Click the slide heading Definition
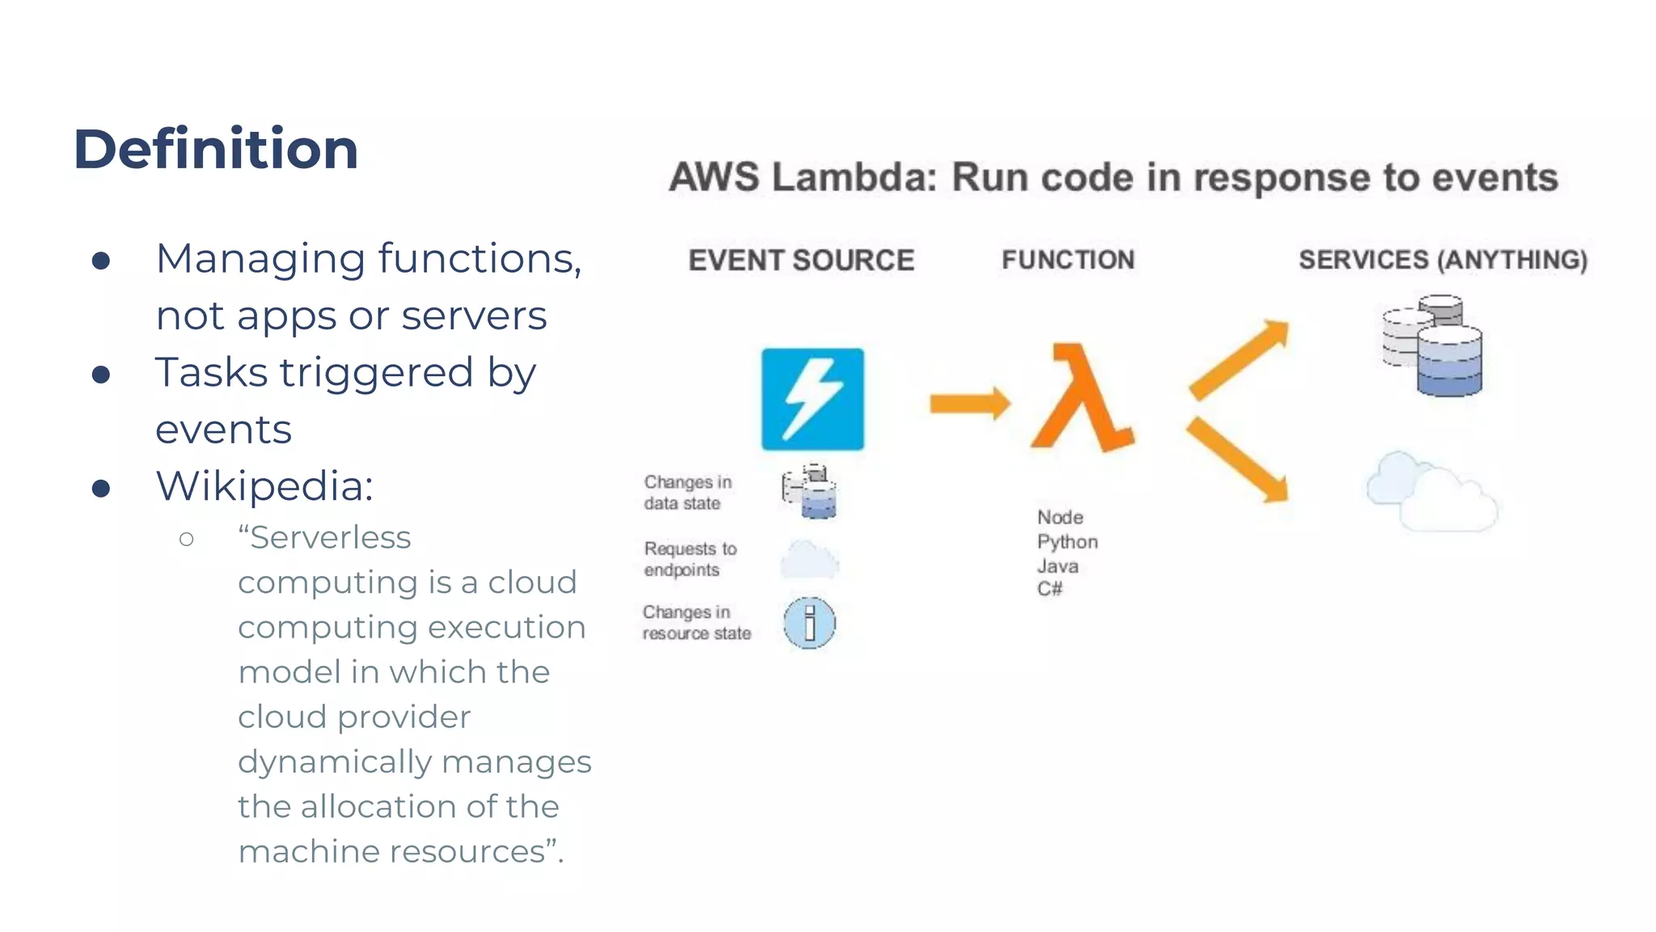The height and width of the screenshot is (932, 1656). coord(215,150)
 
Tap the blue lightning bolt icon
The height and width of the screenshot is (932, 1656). coord(812,399)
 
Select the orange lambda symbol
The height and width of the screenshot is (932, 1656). coord(1082,398)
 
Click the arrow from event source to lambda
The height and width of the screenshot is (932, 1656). coord(969,403)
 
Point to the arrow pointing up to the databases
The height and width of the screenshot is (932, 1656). coord(1240,358)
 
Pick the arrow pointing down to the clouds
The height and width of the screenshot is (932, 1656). coord(1239,459)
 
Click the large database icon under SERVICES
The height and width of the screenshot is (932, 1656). coord(1433,345)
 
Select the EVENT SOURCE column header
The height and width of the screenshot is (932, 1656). coord(801,261)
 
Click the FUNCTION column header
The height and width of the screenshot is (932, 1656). coord(1067,260)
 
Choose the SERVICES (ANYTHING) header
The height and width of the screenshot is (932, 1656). coord(1443,260)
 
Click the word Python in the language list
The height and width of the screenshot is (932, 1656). coord(1067,541)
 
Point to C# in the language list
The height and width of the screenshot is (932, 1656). coord(1050,589)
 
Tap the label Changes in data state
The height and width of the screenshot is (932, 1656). coord(687,492)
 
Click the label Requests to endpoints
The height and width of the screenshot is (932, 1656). coord(690,559)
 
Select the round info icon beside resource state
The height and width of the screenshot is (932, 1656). coord(809,623)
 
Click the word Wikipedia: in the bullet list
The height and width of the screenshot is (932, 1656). coord(264,486)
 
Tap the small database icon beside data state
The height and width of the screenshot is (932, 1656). coord(809,491)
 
